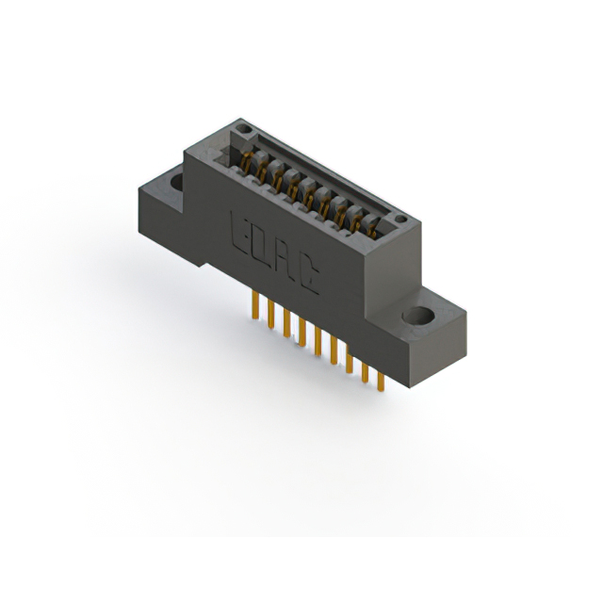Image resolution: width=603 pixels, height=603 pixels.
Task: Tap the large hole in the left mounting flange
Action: point(176,178)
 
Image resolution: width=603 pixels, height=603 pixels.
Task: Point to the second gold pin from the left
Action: point(269,314)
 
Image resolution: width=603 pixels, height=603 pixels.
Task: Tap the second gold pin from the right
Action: point(365,371)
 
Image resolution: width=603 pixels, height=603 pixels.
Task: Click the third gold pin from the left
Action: point(285,323)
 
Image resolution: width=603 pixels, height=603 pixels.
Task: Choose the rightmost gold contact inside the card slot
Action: point(374,226)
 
